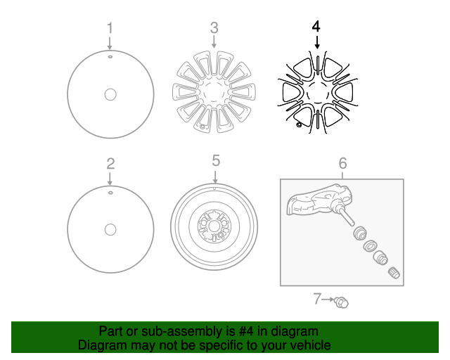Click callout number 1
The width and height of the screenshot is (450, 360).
pos(110,28)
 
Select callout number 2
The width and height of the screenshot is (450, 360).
pos(110,164)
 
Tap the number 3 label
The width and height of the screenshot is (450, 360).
pos(214,28)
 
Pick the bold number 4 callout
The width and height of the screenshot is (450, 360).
pos(316,27)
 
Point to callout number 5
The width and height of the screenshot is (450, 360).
pos(216,161)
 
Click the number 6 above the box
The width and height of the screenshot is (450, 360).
pos(342,163)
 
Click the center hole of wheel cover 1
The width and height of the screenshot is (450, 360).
pos(110,94)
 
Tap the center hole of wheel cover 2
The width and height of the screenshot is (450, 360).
pos(110,229)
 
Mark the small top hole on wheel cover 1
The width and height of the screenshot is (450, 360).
pos(110,55)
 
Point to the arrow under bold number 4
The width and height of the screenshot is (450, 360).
pos(316,42)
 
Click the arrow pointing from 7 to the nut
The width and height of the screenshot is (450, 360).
pos(329,300)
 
